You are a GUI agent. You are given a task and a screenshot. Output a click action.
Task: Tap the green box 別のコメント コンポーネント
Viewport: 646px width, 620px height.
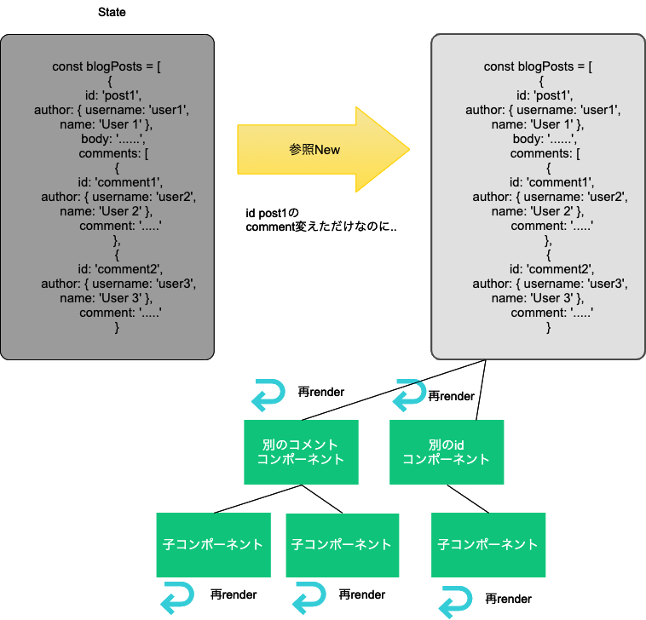[300, 452]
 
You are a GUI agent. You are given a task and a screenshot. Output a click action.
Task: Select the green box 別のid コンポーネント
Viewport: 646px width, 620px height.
[446, 452]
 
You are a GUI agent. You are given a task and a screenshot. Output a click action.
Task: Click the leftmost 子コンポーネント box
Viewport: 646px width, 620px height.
[213, 544]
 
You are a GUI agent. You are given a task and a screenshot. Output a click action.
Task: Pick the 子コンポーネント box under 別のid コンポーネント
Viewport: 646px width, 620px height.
[487, 544]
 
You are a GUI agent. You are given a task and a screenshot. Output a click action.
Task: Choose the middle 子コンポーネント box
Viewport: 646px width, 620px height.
[342, 544]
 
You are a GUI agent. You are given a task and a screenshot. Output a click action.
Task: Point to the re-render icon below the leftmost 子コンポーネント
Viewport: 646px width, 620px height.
[180, 595]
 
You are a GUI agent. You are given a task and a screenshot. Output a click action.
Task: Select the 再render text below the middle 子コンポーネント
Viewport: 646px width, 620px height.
[361, 594]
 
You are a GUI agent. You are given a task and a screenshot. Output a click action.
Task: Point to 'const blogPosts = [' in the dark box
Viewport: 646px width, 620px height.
[107, 66]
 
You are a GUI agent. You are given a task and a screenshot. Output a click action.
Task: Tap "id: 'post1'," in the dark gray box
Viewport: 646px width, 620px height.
[107, 95]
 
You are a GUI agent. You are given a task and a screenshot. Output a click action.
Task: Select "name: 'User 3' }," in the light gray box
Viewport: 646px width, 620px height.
[538, 298]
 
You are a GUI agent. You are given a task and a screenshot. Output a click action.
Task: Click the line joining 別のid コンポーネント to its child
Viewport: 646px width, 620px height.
[468, 499]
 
